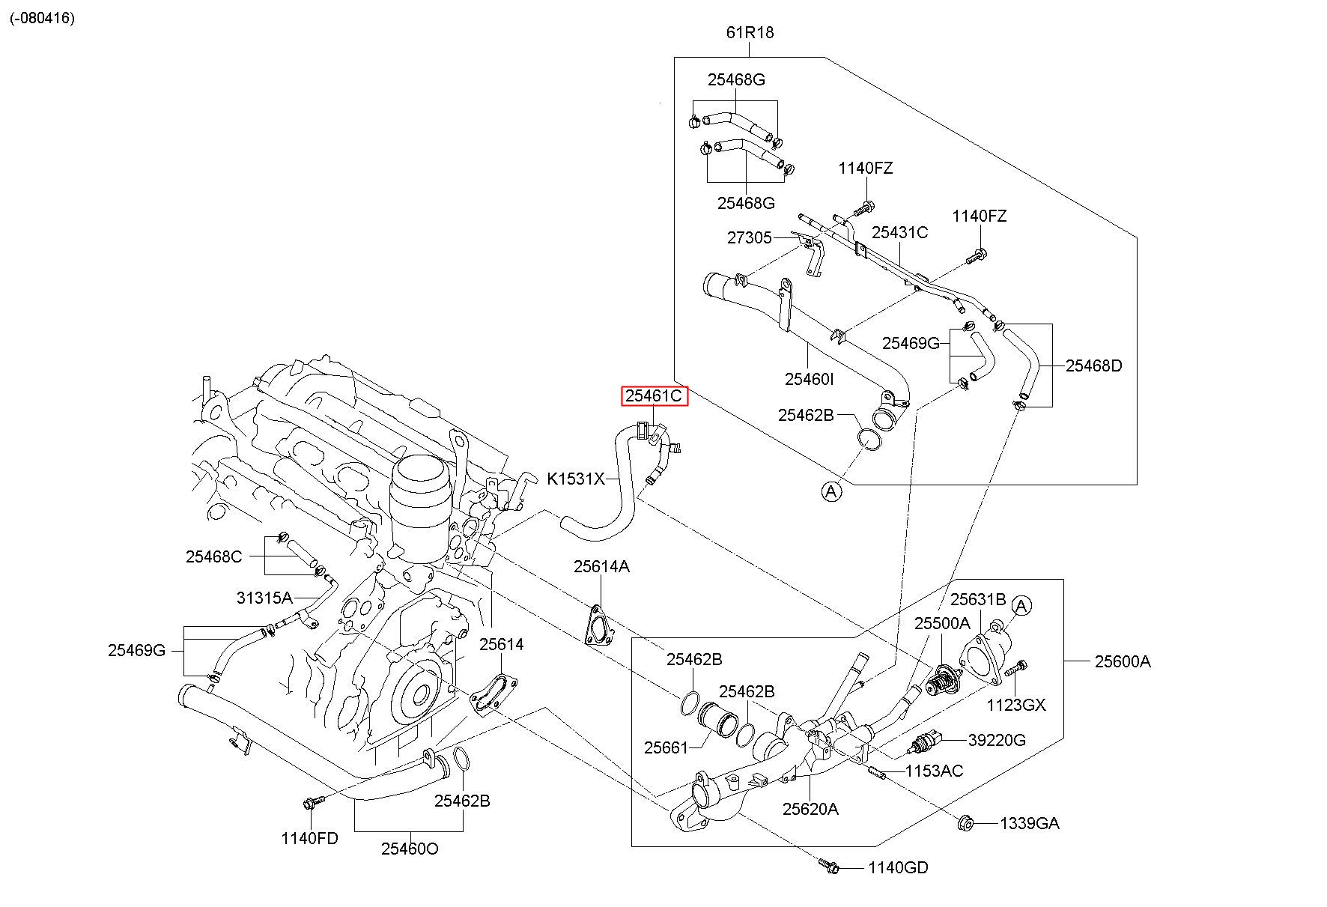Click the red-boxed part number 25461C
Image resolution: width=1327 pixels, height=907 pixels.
tap(654, 395)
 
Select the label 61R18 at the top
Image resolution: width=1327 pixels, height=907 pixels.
tap(749, 33)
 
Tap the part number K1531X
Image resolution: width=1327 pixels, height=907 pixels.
tap(575, 478)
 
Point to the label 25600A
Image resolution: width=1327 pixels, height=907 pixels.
tap(1122, 661)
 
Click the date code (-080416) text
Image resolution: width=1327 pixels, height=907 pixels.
tap(42, 18)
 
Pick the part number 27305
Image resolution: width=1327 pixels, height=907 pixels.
tap(749, 237)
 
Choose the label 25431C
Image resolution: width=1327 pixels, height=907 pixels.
tap(899, 232)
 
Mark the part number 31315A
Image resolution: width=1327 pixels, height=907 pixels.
tap(264, 598)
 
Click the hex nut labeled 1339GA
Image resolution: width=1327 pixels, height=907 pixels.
tap(965, 823)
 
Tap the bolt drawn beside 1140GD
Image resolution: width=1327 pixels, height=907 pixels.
tap(829, 867)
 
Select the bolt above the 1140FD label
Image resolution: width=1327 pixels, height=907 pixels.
tap(311, 803)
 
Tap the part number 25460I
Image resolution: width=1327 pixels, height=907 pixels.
tap(809, 379)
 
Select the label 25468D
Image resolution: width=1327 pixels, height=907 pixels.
tap(1093, 365)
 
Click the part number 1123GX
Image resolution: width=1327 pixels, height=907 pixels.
tap(1016, 705)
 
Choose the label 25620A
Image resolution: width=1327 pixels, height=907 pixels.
tap(810, 809)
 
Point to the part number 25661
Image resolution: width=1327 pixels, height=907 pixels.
tap(666, 747)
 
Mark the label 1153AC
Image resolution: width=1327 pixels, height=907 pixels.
tap(934, 771)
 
